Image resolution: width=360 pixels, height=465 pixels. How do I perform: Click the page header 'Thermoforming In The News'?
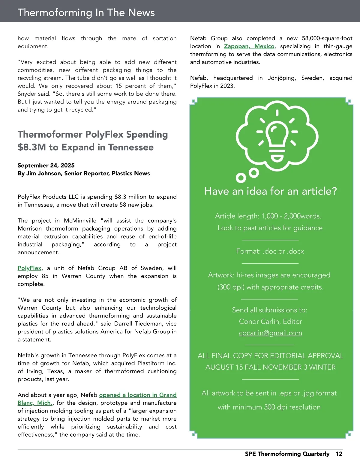86,12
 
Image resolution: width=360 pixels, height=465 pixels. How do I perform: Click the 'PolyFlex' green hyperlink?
29,268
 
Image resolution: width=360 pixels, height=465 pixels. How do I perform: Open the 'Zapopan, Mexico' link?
249,46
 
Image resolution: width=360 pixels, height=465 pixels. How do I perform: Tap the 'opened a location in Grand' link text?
138,395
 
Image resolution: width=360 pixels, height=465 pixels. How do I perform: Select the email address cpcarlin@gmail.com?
270,333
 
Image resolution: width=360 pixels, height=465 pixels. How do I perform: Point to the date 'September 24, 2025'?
46,165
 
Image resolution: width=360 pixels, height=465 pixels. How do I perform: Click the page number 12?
339,454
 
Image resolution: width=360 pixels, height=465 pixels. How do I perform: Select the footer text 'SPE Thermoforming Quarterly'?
287,454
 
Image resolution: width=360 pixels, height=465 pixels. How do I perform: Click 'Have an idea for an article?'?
271,191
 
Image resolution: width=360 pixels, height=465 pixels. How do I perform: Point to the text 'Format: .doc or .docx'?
270,251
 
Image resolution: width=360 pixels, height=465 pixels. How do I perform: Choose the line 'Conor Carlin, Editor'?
270,321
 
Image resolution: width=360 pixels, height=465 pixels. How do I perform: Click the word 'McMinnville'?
80,221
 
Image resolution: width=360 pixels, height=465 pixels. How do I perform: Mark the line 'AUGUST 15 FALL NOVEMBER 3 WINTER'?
270,367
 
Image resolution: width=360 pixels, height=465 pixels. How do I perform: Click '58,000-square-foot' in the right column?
327,38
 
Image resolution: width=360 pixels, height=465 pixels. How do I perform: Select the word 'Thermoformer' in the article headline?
49,134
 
